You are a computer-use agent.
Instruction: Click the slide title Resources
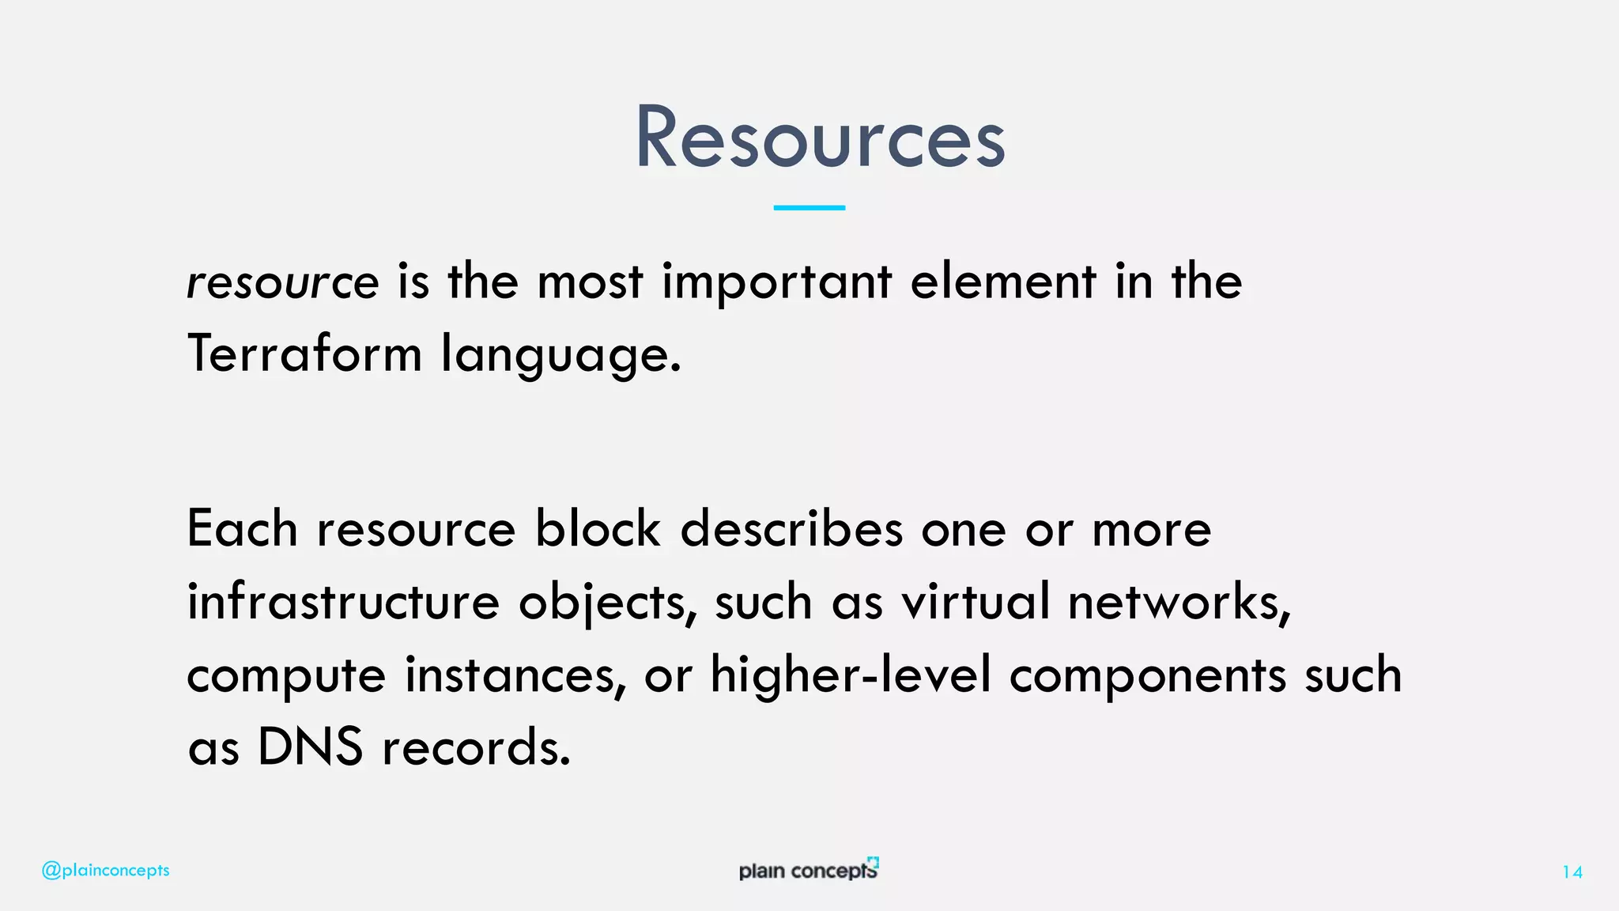pos(820,138)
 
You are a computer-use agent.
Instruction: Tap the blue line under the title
pos(809,207)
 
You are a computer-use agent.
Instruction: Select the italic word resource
pos(282,282)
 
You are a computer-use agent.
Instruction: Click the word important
pos(777,282)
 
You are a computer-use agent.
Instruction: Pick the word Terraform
pos(304,353)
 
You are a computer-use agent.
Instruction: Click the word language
pos(560,355)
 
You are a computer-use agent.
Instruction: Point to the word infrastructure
pos(343,602)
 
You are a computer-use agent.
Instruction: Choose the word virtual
pos(976,602)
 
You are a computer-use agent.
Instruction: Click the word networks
pos(1179,602)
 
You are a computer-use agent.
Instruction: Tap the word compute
pos(286,676)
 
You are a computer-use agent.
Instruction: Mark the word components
pos(1148,676)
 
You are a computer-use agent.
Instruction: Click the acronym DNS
pos(310,747)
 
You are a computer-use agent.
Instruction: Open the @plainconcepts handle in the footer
pos(106,871)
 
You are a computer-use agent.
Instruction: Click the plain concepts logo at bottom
pos(809,870)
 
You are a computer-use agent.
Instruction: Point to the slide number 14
pos(1572,872)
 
